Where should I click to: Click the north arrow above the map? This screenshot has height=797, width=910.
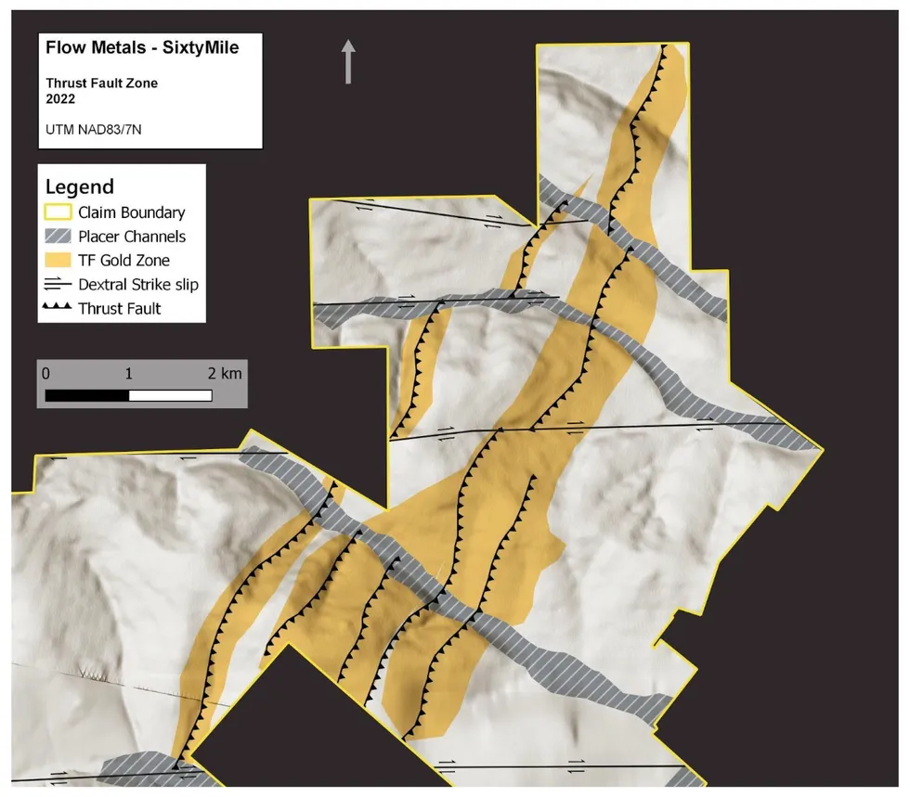tap(348, 61)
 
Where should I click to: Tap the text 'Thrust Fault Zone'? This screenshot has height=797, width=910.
tap(101, 84)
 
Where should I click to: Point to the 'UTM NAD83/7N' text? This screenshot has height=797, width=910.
tap(93, 130)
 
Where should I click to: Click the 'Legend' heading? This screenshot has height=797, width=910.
tap(80, 186)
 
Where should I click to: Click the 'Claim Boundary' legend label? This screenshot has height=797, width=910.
tap(131, 212)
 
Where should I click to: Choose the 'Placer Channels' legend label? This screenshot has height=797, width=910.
tap(132, 237)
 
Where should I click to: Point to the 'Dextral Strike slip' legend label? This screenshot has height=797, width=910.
tap(138, 285)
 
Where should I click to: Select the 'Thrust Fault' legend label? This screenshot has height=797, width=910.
tap(120, 308)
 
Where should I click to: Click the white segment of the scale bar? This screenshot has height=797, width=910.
tap(170, 395)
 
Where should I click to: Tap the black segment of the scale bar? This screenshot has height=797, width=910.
tap(87, 395)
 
